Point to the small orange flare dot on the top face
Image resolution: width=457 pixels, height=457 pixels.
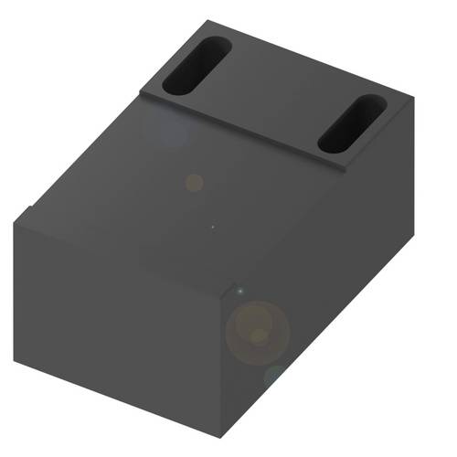(x=194, y=182)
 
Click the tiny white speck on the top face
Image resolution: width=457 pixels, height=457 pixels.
(x=213, y=227)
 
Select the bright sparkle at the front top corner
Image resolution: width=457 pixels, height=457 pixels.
(x=239, y=290)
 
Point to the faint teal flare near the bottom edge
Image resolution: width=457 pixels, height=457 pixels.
(x=274, y=375)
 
